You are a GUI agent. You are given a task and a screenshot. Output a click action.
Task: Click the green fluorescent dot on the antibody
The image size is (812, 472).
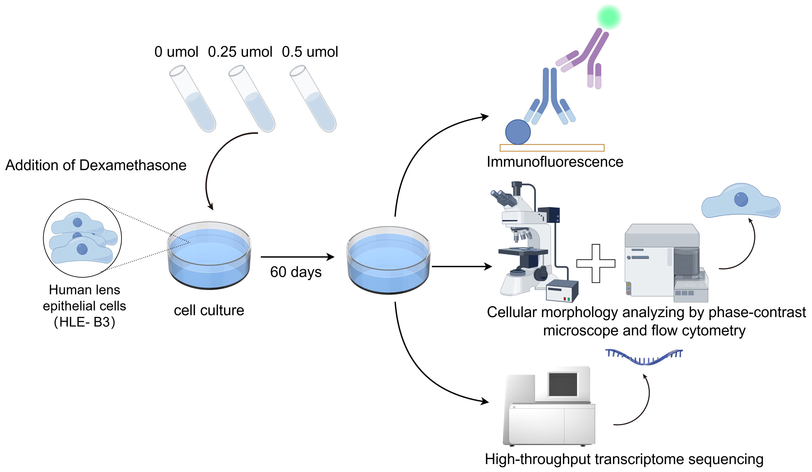click(x=609, y=17)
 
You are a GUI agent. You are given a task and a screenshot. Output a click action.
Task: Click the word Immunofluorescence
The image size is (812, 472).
click(x=555, y=162)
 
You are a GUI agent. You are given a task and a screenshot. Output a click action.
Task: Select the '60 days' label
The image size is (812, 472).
click(x=296, y=272)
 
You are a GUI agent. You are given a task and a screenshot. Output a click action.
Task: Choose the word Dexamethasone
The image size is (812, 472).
click(x=133, y=165)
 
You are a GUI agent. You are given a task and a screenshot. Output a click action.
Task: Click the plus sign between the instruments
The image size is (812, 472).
click(x=596, y=263)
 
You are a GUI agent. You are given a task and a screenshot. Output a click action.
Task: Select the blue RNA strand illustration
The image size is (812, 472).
click(x=644, y=357)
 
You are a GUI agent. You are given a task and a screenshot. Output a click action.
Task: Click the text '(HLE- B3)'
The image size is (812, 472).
click(x=84, y=322)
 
